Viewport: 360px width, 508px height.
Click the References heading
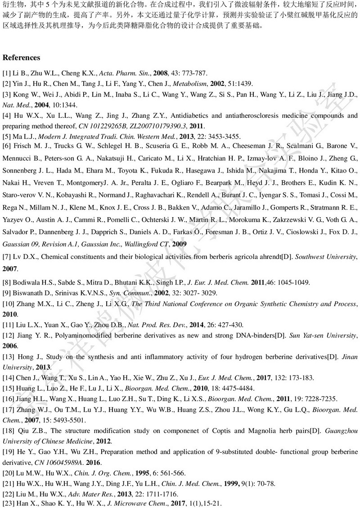pyautogui.click(x=22, y=58)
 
